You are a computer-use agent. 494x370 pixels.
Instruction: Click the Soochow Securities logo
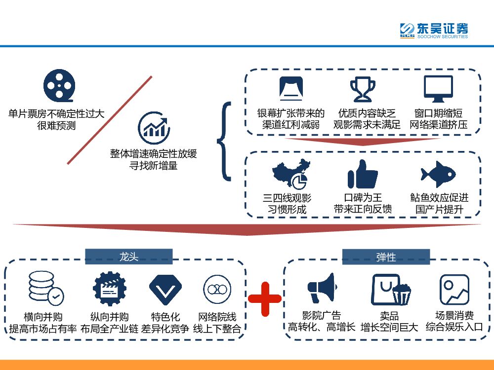click(434, 30)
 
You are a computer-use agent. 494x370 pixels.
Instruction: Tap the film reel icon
click(59, 85)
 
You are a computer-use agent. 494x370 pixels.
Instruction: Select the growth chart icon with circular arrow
click(154, 126)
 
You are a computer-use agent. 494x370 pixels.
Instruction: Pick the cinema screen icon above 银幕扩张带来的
click(290, 89)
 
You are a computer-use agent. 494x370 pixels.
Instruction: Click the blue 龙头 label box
click(128, 257)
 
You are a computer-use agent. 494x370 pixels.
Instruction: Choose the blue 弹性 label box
click(386, 257)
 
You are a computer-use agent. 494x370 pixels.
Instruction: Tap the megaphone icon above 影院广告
click(322, 288)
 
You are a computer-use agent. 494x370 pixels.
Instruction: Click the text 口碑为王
click(363, 198)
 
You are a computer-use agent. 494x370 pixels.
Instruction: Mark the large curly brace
click(225, 141)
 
